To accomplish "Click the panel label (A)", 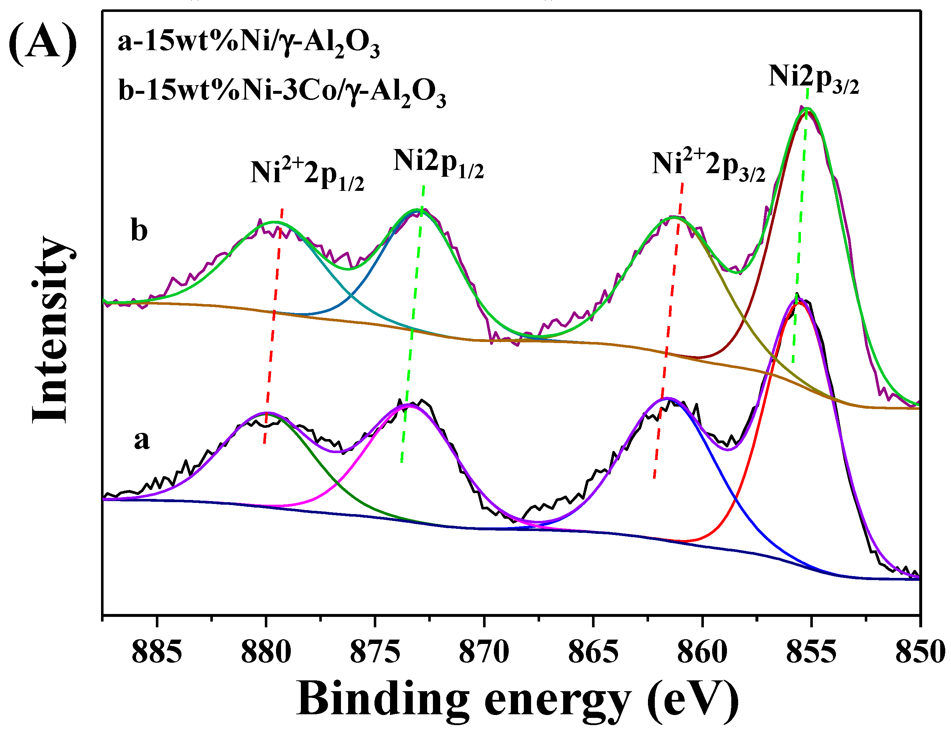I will click(x=43, y=44).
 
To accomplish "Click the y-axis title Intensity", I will click(x=50, y=329).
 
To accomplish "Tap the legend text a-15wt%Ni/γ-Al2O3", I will click(x=249, y=45).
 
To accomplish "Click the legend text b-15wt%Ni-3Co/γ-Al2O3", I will click(x=282, y=93).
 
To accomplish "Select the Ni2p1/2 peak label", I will click(x=438, y=163).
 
